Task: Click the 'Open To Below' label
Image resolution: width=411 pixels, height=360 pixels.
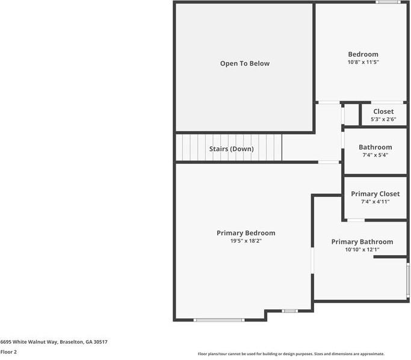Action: coord(244,63)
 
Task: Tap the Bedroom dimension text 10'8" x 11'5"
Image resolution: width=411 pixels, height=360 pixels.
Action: coord(363,62)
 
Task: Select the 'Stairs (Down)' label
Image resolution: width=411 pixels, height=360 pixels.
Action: coord(231,149)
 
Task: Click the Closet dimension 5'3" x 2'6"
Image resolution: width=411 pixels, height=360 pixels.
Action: coord(383,119)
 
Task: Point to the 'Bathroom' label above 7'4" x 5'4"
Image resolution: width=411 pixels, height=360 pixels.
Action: coord(375,147)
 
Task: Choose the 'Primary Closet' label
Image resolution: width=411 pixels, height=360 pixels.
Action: coord(375,194)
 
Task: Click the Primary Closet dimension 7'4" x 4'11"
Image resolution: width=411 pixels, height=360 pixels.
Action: coord(375,202)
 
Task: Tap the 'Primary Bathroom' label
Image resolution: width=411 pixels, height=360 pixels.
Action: coord(362,241)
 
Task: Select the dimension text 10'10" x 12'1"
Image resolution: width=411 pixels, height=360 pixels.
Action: coord(362,249)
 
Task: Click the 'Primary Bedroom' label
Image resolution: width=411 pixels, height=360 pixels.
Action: coord(246,233)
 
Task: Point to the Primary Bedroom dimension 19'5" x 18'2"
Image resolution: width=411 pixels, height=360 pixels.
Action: coord(246,241)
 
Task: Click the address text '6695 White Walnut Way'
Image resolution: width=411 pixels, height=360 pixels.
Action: coord(29,341)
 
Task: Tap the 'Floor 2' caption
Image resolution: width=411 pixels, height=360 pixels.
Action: coord(8,352)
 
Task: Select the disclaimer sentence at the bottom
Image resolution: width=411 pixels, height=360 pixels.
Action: coord(291,354)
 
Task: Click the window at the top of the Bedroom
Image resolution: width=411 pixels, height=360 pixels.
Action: coord(388,2)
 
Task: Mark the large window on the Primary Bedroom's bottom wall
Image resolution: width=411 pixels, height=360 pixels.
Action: coord(219,320)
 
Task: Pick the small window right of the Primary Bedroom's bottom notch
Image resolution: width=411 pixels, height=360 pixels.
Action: coord(289,311)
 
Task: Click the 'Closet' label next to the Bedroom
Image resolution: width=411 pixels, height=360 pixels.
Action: coord(383,111)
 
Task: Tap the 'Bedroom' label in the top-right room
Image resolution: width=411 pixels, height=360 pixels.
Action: coord(363,54)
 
